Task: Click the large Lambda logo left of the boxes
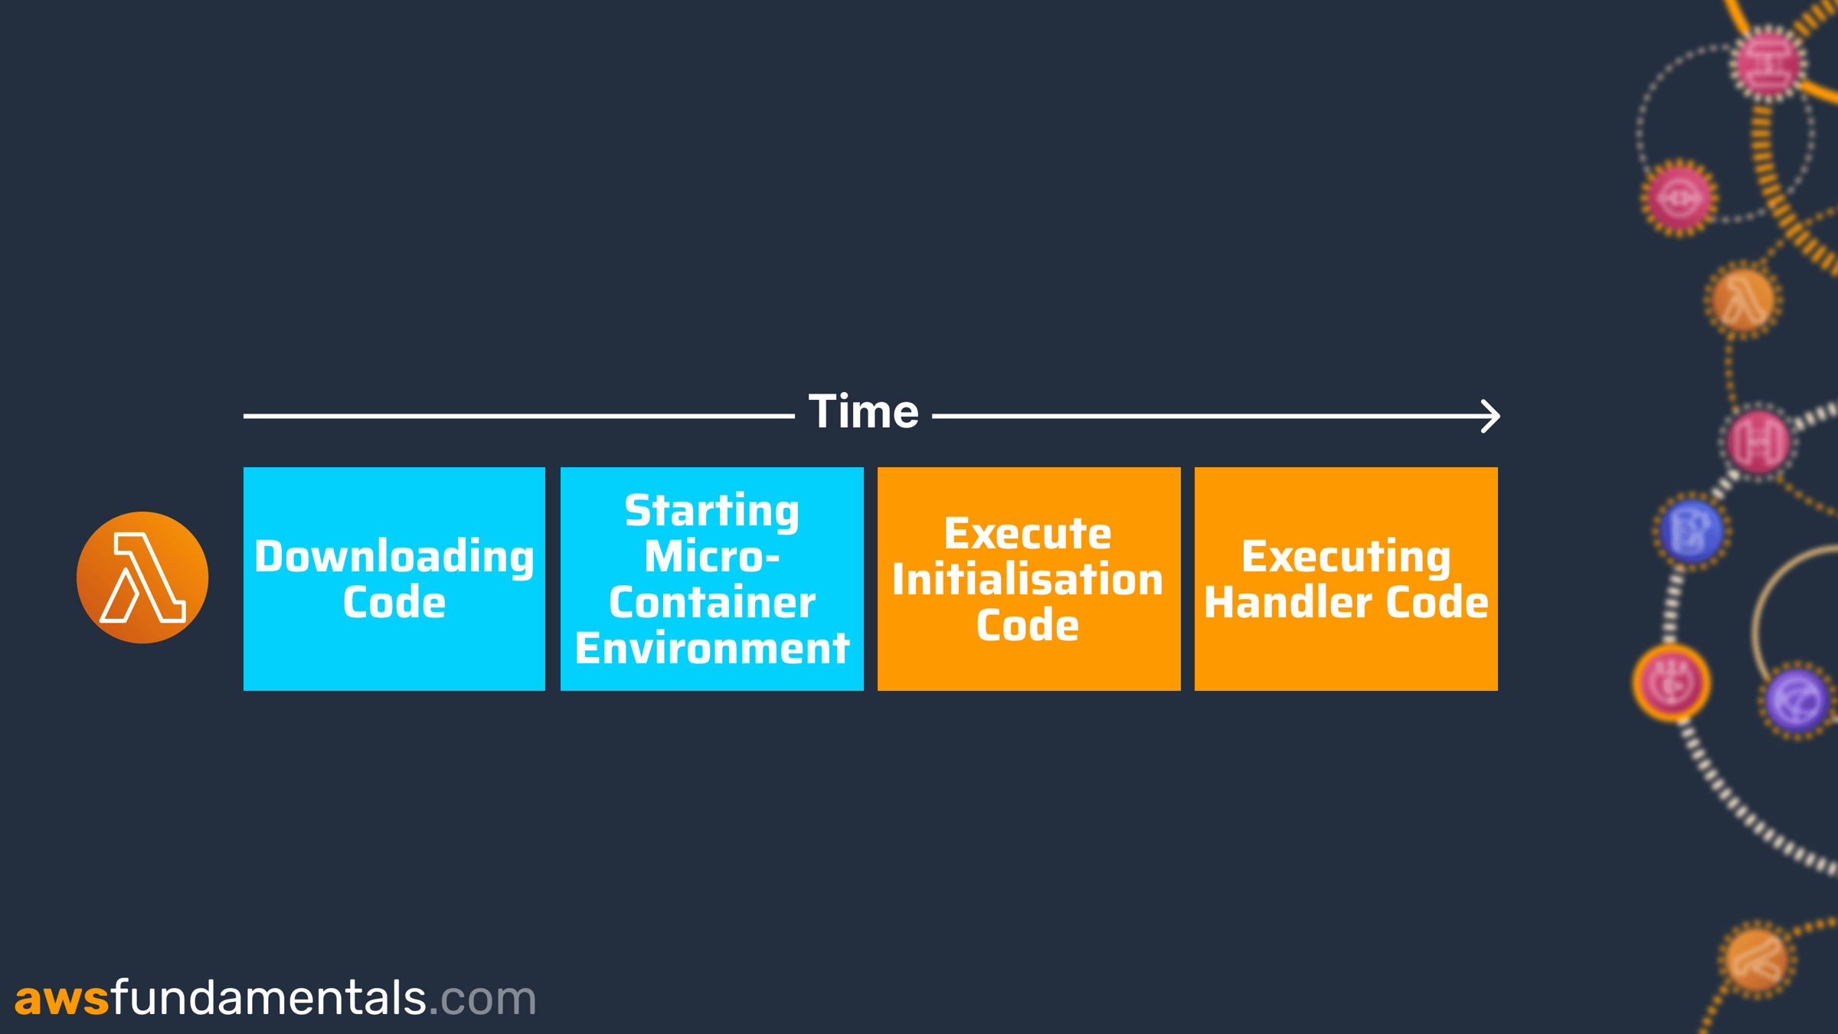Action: [x=142, y=578]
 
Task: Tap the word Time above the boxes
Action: [x=864, y=411]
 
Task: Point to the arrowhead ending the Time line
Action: [x=1490, y=416]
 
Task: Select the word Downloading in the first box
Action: [x=394, y=557]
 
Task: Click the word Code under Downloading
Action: [x=394, y=602]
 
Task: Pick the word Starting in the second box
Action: [x=712, y=511]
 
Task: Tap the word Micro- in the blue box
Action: [x=712, y=556]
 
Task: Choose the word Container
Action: [x=712, y=602]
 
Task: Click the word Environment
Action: [x=712, y=648]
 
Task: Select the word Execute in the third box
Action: [x=1028, y=533]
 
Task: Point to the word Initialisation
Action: [x=1028, y=579]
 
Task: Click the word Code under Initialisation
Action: [x=1028, y=625]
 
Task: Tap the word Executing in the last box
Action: [x=1346, y=557]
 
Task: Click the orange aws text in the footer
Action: [x=62, y=1000]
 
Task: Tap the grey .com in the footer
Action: [x=482, y=1000]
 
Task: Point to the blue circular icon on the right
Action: [x=1692, y=531]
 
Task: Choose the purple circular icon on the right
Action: [x=1797, y=701]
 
